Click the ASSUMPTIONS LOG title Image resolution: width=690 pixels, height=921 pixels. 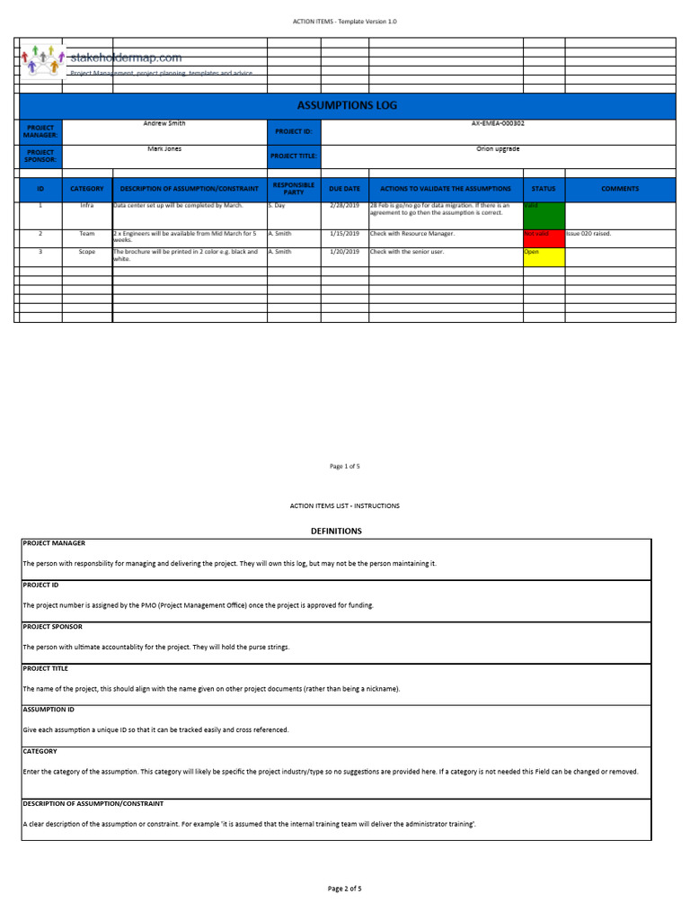(x=346, y=105)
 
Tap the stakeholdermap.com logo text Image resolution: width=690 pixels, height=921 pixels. (x=126, y=58)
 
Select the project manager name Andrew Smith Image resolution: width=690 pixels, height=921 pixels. (x=164, y=123)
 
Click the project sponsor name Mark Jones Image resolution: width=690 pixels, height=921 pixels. (x=164, y=148)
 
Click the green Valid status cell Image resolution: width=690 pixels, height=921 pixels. (x=544, y=215)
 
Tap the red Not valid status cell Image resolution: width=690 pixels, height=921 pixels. (x=544, y=237)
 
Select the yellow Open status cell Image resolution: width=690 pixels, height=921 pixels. (x=544, y=256)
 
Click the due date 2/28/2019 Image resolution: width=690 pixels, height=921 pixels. (x=344, y=206)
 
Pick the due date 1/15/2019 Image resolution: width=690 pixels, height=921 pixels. (x=344, y=233)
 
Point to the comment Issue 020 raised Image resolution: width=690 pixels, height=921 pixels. (x=588, y=233)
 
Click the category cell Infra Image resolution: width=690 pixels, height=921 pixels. (x=87, y=206)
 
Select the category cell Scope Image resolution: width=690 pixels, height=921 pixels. (x=87, y=252)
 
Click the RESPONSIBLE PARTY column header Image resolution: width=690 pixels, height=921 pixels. (x=293, y=189)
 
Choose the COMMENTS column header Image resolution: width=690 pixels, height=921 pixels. (x=620, y=189)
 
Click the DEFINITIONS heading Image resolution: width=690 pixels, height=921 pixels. (x=336, y=531)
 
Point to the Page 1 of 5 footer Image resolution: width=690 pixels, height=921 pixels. (x=345, y=466)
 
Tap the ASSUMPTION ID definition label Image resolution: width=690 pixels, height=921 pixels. (x=51, y=709)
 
